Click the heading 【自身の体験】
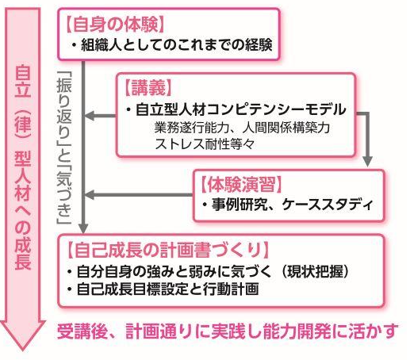pos(115,25)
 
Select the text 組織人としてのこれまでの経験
pos(176,45)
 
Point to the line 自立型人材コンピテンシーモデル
pos(240,109)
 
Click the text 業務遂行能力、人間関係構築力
pos(242,128)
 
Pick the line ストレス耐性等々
pos(205,144)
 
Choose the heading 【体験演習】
pos(240,184)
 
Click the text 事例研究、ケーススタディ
pos(292,204)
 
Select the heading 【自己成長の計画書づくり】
pos(167,250)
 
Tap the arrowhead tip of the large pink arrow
pos(23,350)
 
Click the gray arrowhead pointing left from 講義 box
pos(90,116)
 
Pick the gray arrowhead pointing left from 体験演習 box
pos(90,195)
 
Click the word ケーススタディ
pos(327,204)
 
